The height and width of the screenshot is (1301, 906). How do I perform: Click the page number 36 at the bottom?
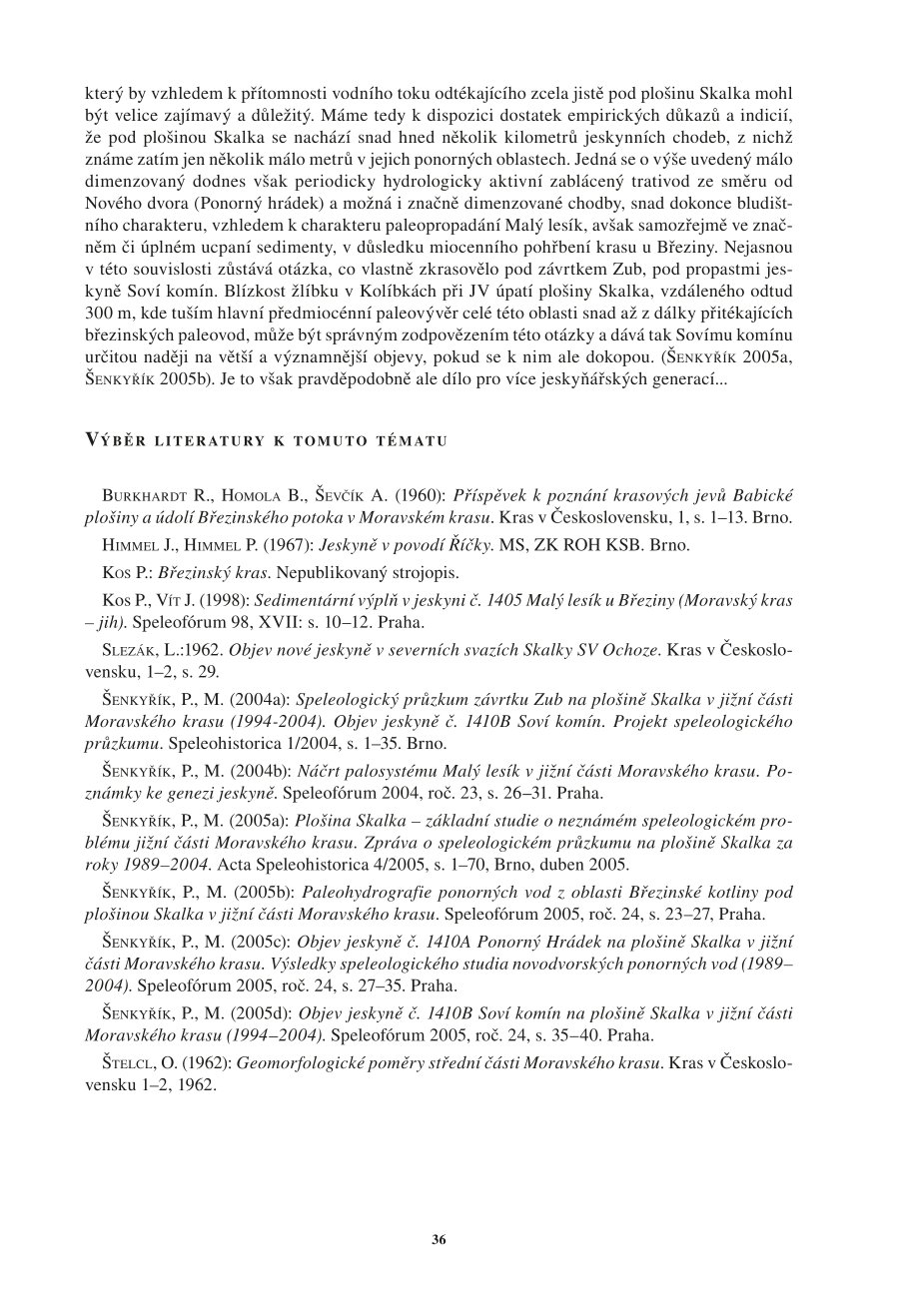point(439,1239)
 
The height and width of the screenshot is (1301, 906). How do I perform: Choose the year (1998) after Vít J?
point(228,599)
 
